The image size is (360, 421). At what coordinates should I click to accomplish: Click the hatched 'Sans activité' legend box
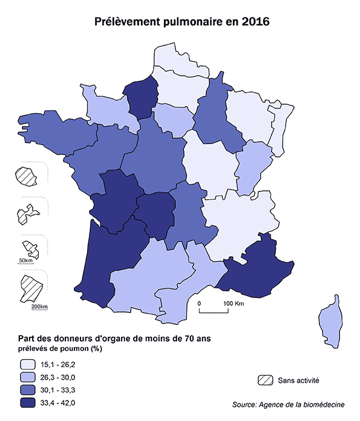pyautogui.click(x=264, y=380)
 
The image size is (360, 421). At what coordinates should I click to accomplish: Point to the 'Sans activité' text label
pyautogui.click(x=298, y=380)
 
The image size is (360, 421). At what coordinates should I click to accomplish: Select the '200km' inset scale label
pyautogui.click(x=39, y=307)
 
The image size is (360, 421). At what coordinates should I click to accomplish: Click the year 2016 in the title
pyautogui.click(x=255, y=22)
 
